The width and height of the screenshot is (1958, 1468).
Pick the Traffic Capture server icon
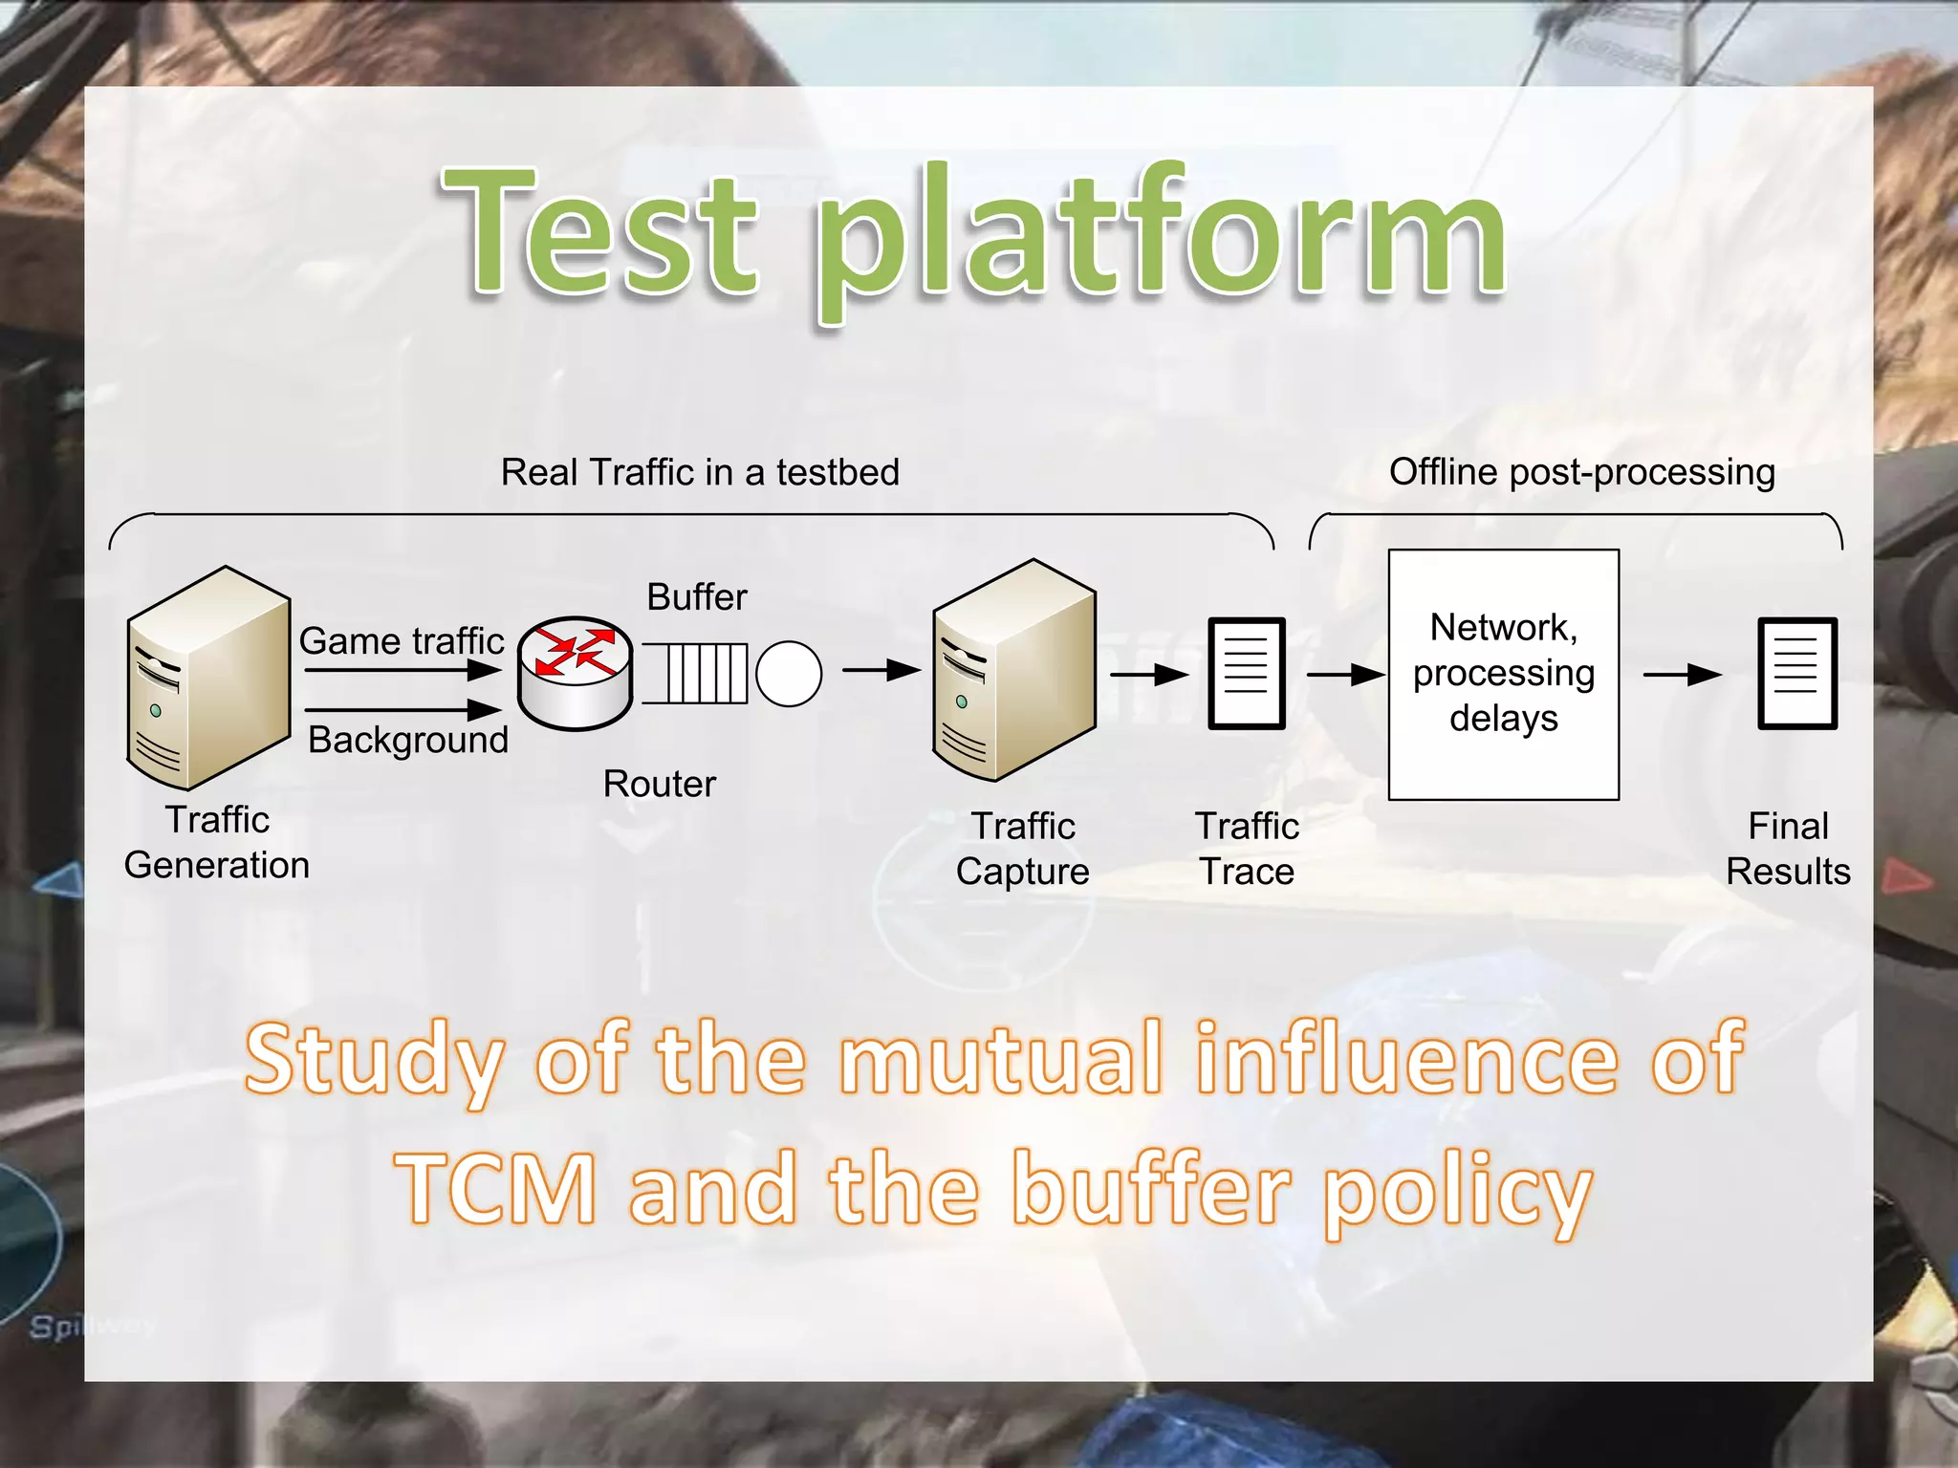coord(1014,670)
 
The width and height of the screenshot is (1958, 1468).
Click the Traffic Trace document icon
coord(1246,674)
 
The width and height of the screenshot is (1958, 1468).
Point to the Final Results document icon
coord(1797,674)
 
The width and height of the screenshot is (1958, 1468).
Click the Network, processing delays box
coord(1503,674)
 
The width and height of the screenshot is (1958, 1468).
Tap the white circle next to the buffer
coord(789,674)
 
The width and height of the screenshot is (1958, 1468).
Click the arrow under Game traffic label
coord(402,670)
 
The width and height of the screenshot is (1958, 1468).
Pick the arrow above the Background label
coord(402,710)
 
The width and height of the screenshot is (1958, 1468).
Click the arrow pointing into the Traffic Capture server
coord(881,671)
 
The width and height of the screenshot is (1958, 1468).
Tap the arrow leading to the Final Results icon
coord(1682,675)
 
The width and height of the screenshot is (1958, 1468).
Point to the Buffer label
coord(697,597)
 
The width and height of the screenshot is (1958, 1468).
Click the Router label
coord(659,784)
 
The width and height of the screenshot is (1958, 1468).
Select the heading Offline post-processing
coord(1581,472)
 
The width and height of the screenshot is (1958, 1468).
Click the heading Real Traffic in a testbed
coord(700,472)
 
